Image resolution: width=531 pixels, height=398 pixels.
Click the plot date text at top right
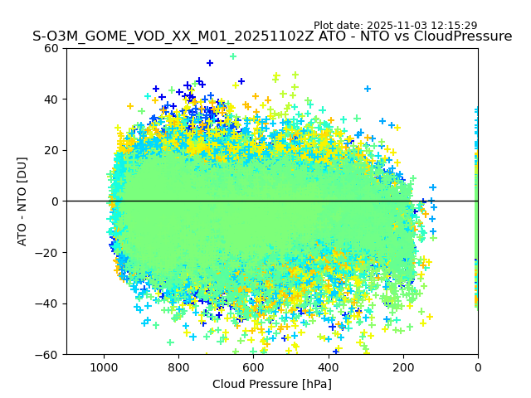pos(395,26)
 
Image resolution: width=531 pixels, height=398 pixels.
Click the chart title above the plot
pos(272,36)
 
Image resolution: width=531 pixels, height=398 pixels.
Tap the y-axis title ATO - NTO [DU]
pos(22,201)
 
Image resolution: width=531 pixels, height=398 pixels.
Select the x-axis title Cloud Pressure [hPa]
pos(272,384)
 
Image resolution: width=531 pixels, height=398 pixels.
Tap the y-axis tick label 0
pos(56,201)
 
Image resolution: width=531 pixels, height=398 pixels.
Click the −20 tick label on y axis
pos(49,252)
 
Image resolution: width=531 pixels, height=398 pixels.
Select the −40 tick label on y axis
pos(49,303)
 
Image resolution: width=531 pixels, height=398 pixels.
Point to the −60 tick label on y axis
pos(49,354)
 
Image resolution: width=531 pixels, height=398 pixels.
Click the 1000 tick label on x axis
pos(104,366)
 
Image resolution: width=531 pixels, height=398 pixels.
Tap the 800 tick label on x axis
pos(178,366)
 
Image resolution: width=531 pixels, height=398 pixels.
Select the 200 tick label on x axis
pos(403,366)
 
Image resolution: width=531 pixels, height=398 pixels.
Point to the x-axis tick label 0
pos(478,366)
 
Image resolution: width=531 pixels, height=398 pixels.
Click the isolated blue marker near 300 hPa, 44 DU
pos(368,89)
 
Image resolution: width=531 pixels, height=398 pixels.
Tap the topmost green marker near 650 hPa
pos(233,56)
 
